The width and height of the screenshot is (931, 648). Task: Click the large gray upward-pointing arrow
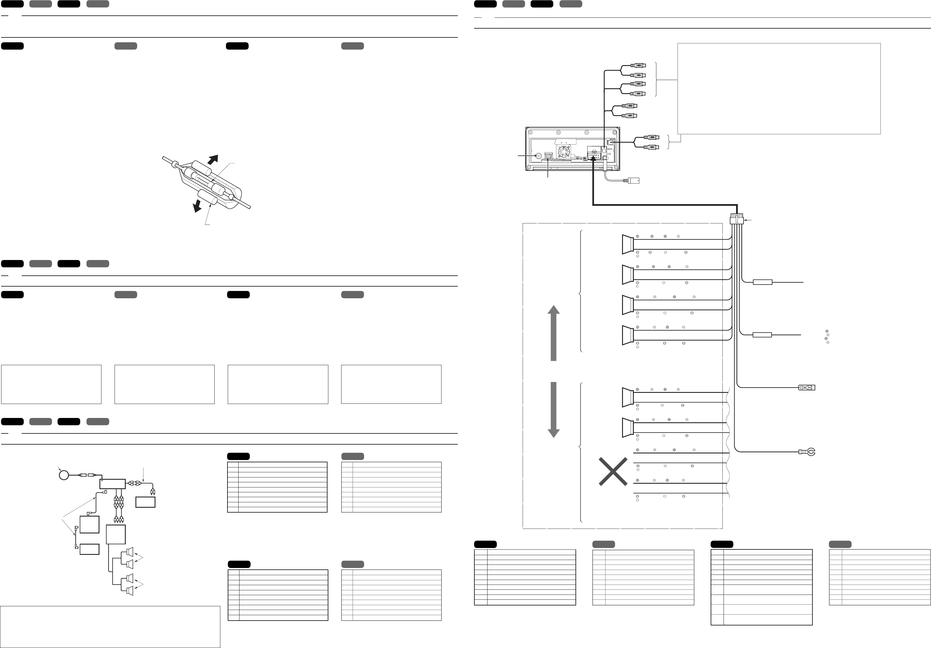554,333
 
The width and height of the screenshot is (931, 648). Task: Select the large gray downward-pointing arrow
554,409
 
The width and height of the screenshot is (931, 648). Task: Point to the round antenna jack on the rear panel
538,156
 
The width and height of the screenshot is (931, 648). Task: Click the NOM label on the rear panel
610,149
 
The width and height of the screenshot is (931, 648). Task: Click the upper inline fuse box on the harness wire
762,282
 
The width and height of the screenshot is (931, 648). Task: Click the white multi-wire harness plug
736,220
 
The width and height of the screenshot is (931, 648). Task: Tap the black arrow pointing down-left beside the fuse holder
197,205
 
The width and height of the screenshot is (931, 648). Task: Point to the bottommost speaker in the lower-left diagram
130,591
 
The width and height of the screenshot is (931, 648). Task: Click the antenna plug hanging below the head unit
633,181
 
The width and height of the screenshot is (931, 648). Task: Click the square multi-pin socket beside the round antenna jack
548,157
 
